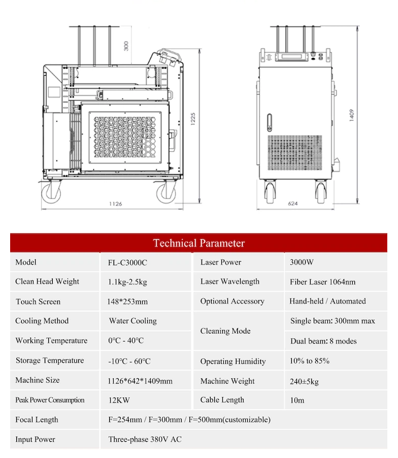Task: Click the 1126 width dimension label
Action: [x=116, y=204]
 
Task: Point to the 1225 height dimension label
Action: [x=193, y=119]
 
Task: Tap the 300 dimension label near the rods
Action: [x=126, y=46]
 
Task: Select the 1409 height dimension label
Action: [x=352, y=115]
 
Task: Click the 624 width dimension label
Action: [x=293, y=204]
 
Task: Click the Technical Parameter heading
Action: [x=198, y=243]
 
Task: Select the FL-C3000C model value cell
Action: [x=127, y=263]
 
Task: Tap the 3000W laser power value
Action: [x=302, y=262]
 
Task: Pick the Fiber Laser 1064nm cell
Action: [x=322, y=282]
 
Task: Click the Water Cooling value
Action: [x=133, y=321]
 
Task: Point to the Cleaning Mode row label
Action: [x=225, y=331]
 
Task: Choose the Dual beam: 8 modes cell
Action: [x=323, y=341]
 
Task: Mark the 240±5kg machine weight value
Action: [x=304, y=381]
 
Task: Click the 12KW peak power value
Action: [x=119, y=400]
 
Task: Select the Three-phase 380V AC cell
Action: [x=145, y=439]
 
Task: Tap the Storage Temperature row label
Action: [x=50, y=360]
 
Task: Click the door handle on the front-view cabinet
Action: [x=270, y=123]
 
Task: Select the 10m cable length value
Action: [x=297, y=400]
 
